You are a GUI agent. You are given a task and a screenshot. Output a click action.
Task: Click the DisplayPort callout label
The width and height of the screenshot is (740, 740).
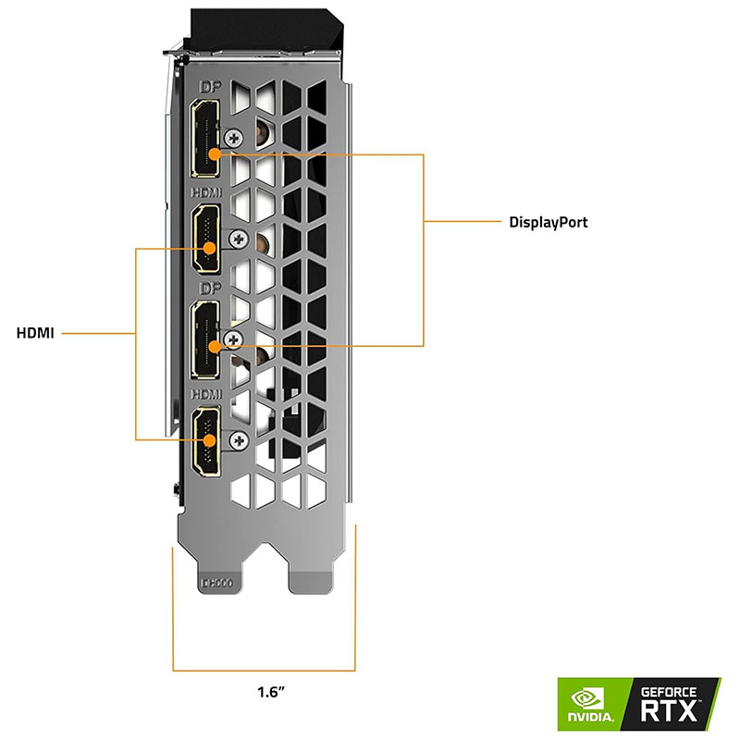tap(549, 222)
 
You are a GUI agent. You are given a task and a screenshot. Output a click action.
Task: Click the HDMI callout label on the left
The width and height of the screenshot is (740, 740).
tap(35, 332)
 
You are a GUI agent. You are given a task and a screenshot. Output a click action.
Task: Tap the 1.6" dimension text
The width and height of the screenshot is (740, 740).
tap(271, 690)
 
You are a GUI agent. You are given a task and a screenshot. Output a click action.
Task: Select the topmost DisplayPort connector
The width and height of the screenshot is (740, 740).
tap(204, 140)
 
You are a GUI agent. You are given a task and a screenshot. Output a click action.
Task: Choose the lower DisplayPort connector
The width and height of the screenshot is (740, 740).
tap(204, 340)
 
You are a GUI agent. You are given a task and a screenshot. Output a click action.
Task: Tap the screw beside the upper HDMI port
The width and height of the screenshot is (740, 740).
tap(240, 239)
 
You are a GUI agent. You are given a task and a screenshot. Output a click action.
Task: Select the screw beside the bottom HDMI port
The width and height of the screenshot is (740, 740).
tap(240, 438)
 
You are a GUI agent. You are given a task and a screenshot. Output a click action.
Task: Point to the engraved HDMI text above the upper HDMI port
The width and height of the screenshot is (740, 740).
tap(205, 193)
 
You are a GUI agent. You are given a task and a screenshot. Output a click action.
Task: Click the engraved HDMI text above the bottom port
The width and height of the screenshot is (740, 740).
tap(205, 394)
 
